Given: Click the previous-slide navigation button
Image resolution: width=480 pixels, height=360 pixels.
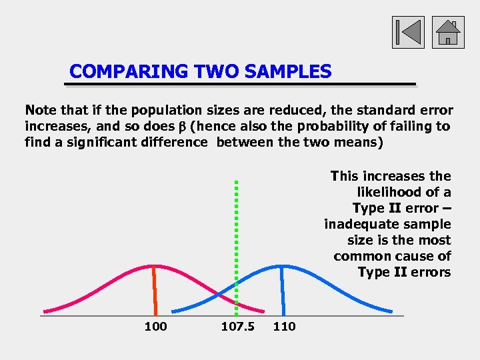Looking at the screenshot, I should coord(408,31).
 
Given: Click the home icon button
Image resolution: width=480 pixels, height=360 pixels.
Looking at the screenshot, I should coord(448,31).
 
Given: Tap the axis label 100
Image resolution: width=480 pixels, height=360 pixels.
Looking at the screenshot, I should coord(155,326).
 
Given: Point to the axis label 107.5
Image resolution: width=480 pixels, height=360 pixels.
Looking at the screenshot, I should coord(237,326).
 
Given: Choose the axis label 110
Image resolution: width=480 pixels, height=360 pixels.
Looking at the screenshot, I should coord(284,326).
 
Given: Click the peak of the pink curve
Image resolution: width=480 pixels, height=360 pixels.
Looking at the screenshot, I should coord(153,267).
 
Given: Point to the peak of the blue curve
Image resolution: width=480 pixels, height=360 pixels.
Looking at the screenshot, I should coord(281,267).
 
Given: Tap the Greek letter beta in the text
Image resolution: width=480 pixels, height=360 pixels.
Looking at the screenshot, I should coord(181,126).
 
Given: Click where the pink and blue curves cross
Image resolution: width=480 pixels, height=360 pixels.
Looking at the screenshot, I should coord(219,294).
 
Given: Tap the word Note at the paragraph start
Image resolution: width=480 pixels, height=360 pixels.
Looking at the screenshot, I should coord(39,110).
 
